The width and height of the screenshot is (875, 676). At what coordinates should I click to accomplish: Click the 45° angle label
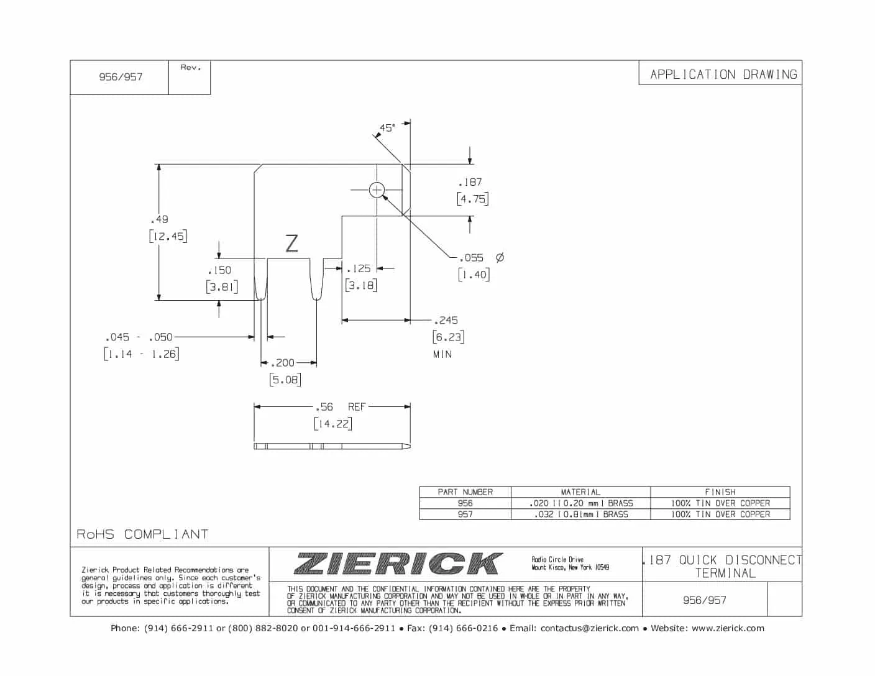coord(387,127)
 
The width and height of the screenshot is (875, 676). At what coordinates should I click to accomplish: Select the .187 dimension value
coord(470,182)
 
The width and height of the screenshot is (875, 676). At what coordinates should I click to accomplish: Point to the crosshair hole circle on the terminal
coord(377,190)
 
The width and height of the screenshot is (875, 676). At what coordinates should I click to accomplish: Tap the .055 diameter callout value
coord(471,258)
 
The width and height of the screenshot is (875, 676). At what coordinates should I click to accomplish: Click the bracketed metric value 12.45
coord(168,236)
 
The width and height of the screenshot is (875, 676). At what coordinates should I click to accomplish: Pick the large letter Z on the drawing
coord(291,243)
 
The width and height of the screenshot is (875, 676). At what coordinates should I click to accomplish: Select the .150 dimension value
coord(219,270)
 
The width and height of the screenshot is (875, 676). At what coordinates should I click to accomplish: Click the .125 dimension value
coord(359,268)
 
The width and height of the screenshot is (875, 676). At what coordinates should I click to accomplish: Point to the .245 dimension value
coord(446,320)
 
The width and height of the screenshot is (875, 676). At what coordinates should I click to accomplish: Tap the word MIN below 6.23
coord(442,354)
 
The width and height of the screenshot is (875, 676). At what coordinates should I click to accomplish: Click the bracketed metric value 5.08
coord(285,379)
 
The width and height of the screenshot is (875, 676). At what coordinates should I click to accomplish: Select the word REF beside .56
coord(357,407)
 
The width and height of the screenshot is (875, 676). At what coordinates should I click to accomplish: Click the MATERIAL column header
coord(580,491)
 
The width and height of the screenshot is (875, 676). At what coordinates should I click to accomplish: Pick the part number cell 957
coord(465,514)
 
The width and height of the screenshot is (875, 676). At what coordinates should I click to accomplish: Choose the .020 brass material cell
coord(580,503)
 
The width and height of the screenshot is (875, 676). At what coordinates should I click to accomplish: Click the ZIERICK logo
coord(398,564)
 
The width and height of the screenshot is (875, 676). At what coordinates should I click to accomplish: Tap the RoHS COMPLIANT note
coord(142,534)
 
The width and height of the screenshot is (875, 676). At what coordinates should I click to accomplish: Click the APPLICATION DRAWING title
coord(723,75)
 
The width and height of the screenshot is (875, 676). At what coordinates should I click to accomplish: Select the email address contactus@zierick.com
coord(589,628)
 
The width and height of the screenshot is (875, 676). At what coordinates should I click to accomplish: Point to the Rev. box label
coord(191,68)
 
